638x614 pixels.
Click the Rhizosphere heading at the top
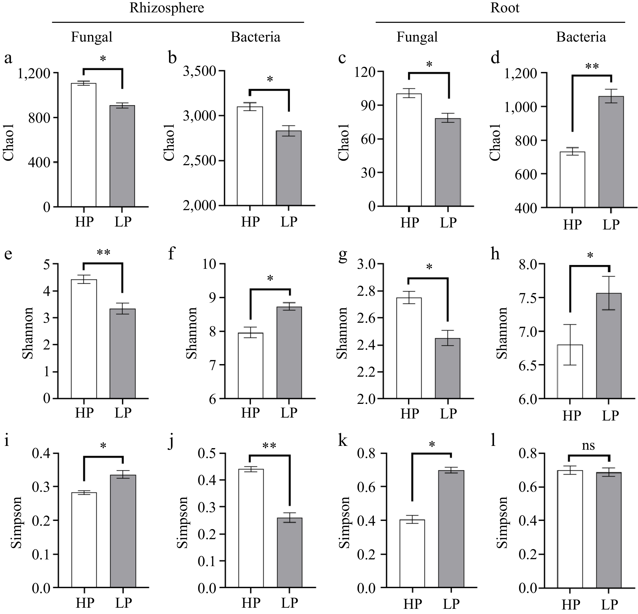coord(167,8)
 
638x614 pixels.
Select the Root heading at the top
coord(505,8)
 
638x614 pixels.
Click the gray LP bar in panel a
coord(122,156)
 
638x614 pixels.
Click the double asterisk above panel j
coord(269,446)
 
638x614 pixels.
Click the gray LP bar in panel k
coord(451,529)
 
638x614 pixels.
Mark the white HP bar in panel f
coord(250,365)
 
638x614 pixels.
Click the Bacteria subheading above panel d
coord(581,37)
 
